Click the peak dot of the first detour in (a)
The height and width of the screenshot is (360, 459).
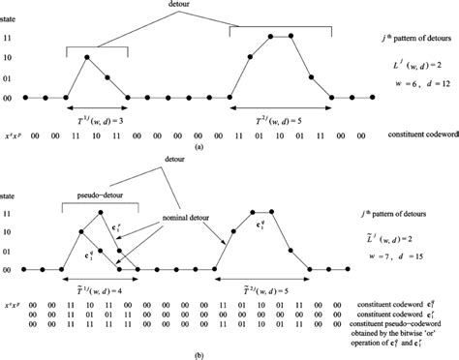[x=87, y=57]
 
